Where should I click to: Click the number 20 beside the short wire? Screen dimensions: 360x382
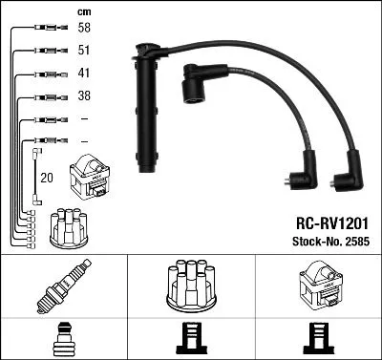tap(46, 177)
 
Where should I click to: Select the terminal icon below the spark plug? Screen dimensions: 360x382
tap(63, 337)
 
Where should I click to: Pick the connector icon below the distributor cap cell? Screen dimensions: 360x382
tap(190, 337)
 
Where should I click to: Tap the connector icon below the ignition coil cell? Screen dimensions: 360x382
tap(317, 337)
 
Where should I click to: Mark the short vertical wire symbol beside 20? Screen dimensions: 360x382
tap(35, 176)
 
